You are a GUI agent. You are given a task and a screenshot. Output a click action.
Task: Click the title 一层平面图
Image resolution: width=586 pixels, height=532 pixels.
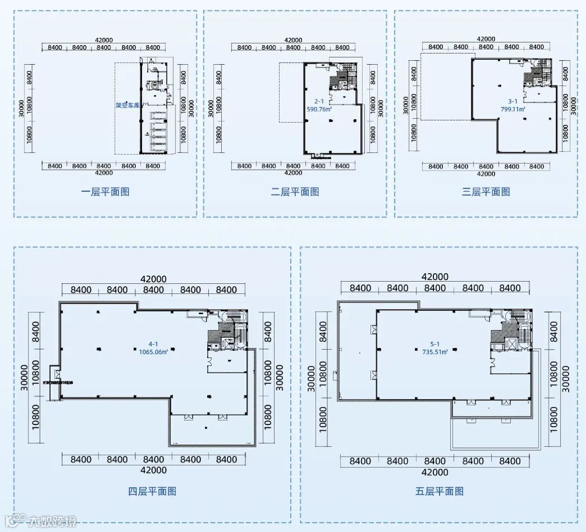tap(105, 192)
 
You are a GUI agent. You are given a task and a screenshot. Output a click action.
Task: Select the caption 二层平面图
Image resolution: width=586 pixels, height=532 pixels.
tap(295, 192)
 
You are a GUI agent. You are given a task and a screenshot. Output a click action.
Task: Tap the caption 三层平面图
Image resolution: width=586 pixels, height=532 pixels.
tap(486, 192)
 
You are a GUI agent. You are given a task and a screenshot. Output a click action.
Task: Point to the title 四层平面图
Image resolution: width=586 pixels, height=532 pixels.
tap(152, 491)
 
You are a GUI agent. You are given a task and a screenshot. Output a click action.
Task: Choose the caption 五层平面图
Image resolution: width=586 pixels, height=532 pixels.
tap(440, 491)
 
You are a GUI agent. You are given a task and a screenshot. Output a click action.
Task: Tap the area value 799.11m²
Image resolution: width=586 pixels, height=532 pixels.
tap(513, 109)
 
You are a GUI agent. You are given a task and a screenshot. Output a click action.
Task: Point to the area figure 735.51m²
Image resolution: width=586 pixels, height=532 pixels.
tap(434, 352)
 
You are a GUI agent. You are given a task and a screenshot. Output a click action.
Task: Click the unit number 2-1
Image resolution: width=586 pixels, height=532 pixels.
tap(319, 101)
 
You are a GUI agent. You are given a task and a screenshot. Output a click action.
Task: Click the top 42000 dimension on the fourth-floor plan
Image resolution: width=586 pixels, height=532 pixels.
tap(153, 279)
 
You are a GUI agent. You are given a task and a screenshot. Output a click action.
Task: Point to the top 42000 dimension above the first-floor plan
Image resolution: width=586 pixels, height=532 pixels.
tap(104, 40)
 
